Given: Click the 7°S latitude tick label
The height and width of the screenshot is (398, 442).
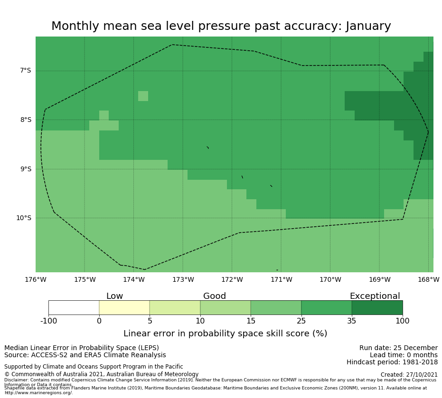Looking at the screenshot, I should pos(25,71).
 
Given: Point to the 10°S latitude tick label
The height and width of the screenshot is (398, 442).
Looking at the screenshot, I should pos(23,218).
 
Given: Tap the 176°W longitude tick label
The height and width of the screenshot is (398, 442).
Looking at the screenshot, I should pos(36,280).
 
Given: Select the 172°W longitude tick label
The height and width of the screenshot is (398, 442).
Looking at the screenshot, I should pos(232,280).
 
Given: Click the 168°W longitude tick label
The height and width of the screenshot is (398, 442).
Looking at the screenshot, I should pos(428,280).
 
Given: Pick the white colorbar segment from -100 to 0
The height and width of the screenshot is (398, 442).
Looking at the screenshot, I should pos(74,307).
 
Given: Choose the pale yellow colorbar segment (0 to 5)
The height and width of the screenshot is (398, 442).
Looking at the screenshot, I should pos(124,307).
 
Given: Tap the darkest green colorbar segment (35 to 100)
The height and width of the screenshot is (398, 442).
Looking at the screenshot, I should pos(377,307).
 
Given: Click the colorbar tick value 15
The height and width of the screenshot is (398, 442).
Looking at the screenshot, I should pos(251,321).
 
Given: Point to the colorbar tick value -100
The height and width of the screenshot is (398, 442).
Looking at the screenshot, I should pos(48,321).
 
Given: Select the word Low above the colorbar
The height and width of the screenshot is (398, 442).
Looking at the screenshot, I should pos(114,296).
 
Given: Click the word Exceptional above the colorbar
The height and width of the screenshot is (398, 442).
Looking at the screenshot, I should pos(375,296).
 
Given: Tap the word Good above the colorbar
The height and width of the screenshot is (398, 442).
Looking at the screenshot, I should pos(215,296).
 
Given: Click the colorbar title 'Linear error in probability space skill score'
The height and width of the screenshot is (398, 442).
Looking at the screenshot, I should pos(225,334).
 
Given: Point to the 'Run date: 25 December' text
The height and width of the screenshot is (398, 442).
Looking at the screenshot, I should pos(398,348).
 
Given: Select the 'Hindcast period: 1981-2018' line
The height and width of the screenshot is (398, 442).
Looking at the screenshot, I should pos(392,362).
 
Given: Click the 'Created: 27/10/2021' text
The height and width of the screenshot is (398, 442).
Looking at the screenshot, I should pos(409,375).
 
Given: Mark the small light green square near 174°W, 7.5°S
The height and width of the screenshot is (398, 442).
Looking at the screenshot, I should pos(143,96).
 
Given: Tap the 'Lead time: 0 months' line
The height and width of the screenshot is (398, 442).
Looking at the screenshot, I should pos(404,355).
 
